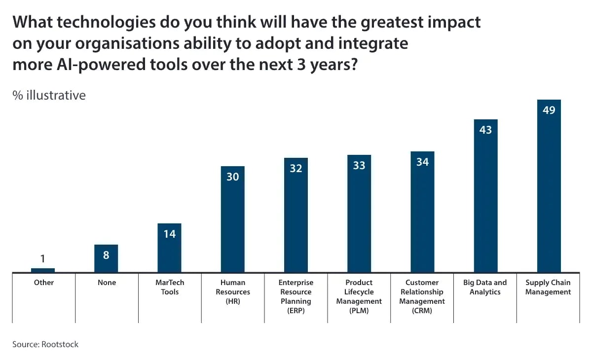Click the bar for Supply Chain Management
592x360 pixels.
click(549, 192)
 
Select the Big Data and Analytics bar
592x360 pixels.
click(485, 202)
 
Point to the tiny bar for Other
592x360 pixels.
click(43, 270)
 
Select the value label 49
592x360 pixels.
click(549, 110)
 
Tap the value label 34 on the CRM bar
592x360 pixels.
click(422, 162)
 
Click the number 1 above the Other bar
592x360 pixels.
click(43, 258)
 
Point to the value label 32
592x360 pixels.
click(296, 168)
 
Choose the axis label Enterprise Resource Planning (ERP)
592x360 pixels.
click(296, 296)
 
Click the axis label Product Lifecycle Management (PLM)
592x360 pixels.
click(359, 296)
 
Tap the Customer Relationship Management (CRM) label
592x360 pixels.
click(422, 296)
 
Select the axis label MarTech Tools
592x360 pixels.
click(169, 287)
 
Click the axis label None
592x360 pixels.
click(107, 283)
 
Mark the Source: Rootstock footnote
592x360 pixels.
click(45, 344)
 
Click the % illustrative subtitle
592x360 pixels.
click(49, 95)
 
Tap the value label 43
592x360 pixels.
click(485, 130)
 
